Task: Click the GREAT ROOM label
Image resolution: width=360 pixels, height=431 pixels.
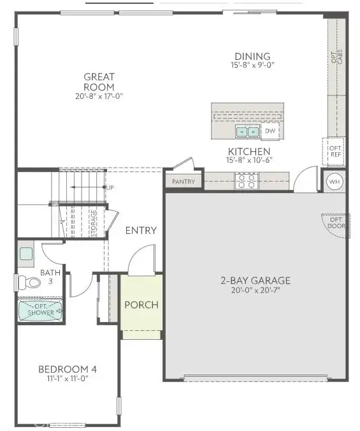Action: click(x=99, y=82)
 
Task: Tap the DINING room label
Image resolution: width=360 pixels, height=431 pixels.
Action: click(x=252, y=56)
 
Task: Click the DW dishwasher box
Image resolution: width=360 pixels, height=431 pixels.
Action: click(x=271, y=131)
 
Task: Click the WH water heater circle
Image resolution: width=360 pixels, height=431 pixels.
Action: click(x=335, y=182)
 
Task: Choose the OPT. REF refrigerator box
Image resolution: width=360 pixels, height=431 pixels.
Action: click(x=335, y=150)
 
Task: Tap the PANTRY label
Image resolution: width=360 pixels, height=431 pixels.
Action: click(x=184, y=182)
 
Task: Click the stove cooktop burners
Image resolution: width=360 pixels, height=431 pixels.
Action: click(x=246, y=182)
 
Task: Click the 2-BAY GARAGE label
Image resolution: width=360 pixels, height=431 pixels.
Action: click(x=256, y=280)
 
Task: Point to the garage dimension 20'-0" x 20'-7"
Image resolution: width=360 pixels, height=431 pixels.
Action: click(x=256, y=290)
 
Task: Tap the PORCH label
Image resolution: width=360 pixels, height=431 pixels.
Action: click(x=141, y=305)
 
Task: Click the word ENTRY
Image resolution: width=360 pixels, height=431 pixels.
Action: click(x=141, y=230)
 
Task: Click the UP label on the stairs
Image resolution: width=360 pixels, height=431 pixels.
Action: click(x=110, y=188)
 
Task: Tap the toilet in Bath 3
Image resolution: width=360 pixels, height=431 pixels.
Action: click(x=28, y=281)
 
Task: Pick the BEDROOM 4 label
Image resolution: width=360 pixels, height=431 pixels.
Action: click(x=68, y=369)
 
